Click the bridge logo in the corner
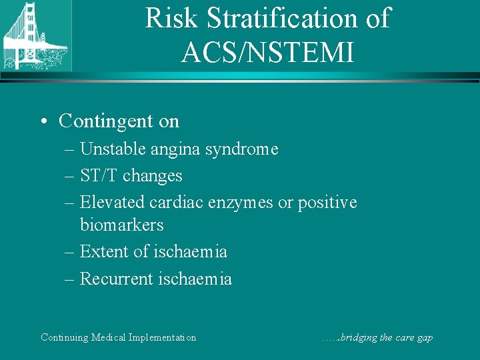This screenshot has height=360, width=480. pyautogui.click(x=35, y=35)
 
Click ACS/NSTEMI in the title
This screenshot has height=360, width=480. pyautogui.click(x=267, y=51)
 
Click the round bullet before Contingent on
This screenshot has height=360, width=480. pyautogui.click(x=43, y=121)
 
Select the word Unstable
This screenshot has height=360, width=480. pyautogui.click(x=109, y=149)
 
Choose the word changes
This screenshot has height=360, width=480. pyautogui.click(x=152, y=176)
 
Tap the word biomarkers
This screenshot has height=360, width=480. pyautogui.click(x=122, y=225)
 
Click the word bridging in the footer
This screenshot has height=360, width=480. pyautogui.click(x=357, y=337)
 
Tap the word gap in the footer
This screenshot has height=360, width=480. pyautogui.click(x=425, y=338)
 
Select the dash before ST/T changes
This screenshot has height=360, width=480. pyautogui.click(x=70, y=176)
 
